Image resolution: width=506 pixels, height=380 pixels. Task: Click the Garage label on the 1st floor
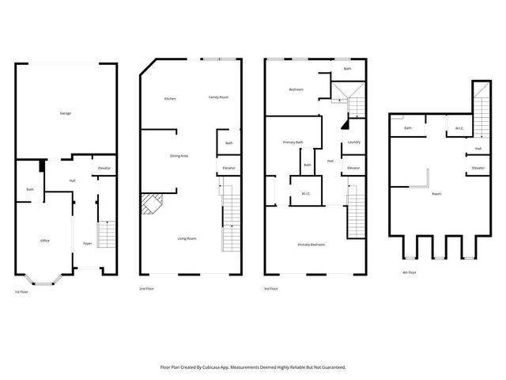coord(66,113)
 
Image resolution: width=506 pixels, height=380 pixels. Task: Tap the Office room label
coord(45,240)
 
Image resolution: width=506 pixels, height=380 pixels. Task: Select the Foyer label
coord(88,243)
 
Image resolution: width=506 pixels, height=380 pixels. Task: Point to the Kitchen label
coord(169,99)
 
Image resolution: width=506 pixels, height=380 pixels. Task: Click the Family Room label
coord(218,97)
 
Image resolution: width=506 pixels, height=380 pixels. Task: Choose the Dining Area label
coord(179,156)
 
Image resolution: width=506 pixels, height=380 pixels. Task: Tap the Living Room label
coord(187,238)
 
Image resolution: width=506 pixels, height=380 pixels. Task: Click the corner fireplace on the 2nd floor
coord(149,205)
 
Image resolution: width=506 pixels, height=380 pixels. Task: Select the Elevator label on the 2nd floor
coord(229,168)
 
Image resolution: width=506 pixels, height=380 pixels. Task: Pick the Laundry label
coord(353,142)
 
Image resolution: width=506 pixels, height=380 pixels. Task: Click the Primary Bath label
coord(293,142)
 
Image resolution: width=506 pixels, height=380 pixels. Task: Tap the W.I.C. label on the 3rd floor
coord(305,194)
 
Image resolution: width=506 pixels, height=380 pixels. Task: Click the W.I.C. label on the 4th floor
coord(459,128)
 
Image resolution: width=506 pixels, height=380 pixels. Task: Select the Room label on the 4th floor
coord(436,193)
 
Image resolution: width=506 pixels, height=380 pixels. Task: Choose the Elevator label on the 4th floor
coord(478,168)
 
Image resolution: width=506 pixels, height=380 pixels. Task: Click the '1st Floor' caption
coord(22,292)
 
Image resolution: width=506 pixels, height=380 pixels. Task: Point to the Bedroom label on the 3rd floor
coord(296,89)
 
